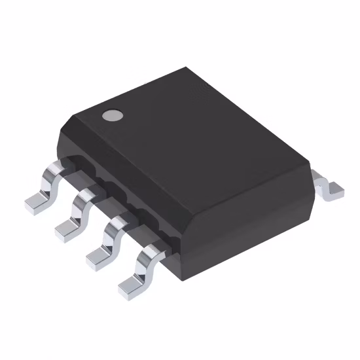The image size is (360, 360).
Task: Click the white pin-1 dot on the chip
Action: tap(113, 116)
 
